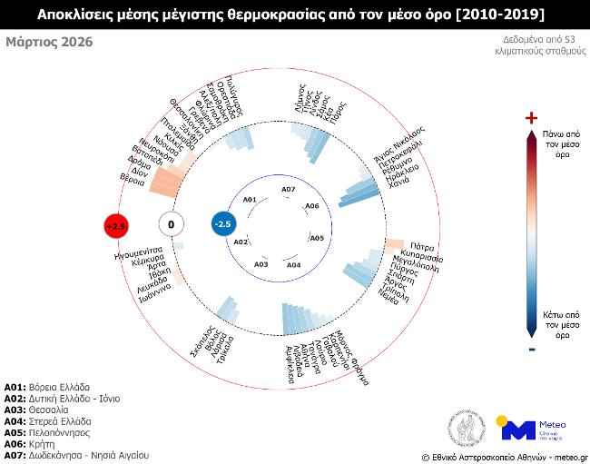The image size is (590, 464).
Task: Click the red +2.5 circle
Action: tap(115, 224)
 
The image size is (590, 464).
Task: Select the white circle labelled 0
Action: tap(171, 224)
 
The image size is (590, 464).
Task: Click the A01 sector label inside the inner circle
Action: tap(251, 199)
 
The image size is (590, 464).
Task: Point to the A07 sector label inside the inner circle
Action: tap(288, 189)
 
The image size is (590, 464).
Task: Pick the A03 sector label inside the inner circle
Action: tap(261, 264)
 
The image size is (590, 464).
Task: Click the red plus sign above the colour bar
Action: tap(531, 118)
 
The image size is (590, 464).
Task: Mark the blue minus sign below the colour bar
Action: tap(531, 348)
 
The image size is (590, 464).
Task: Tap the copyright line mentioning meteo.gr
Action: tap(505, 457)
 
